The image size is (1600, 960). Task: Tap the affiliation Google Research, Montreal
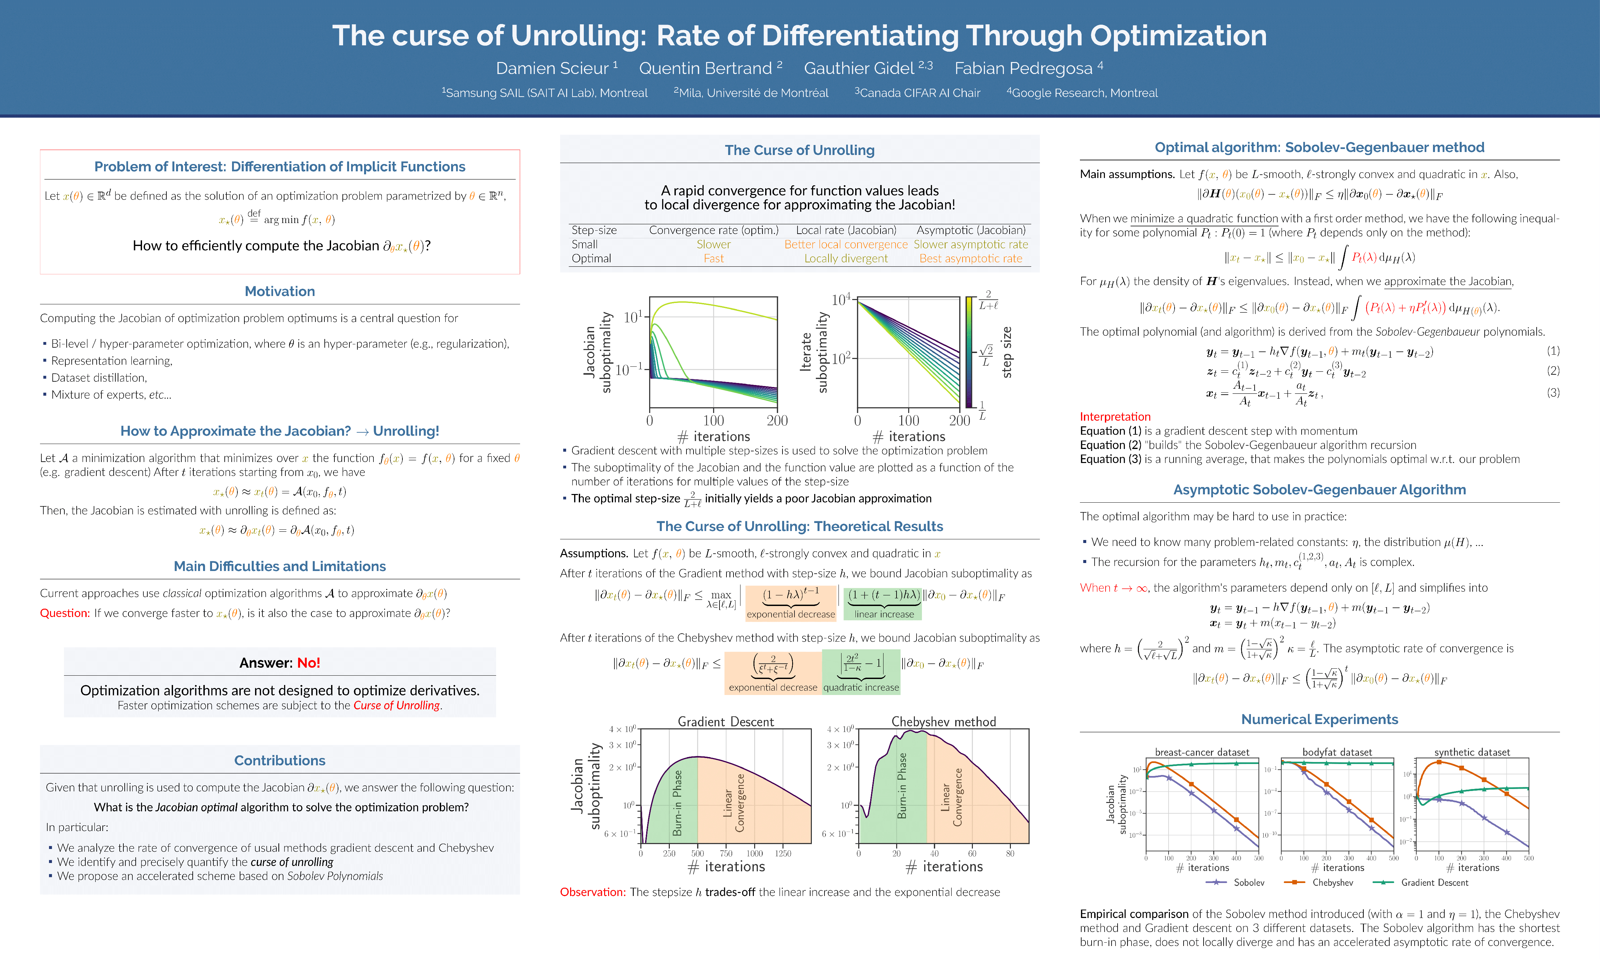pyautogui.click(x=1084, y=93)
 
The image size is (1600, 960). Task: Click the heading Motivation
pyautogui.click(x=279, y=291)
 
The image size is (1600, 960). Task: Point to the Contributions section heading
pyautogui.click(x=279, y=760)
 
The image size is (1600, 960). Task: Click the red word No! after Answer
pyautogui.click(x=309, y=662)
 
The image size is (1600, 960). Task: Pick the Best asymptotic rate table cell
pyautogui.click(x=971, y=258)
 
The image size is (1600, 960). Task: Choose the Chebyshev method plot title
pyautogui.click(x=943, y=721)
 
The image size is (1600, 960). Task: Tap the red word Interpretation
pyautogui.click(x=1115, y=417)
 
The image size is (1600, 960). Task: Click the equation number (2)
pyautogui.click(x=1553, y=371)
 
